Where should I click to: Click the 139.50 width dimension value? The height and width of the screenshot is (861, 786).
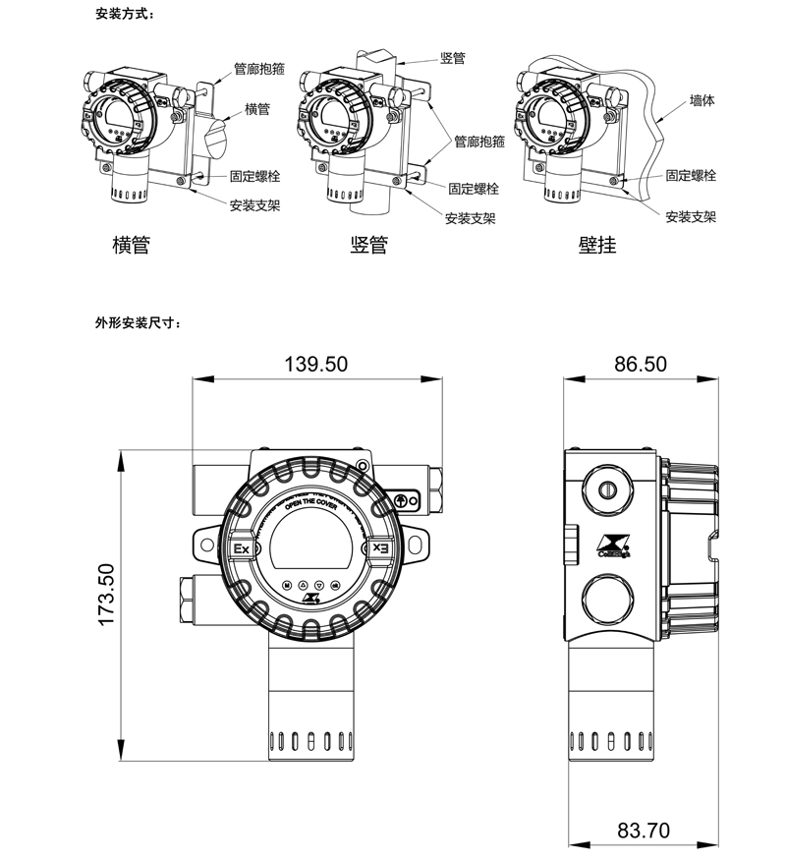click(x=316, y=364)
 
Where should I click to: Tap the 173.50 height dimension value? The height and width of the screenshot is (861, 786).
click(x=107, y=595)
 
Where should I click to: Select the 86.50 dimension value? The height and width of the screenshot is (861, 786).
click(x=641, y=364)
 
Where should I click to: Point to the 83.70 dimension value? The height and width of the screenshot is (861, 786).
click(x=644, y=831)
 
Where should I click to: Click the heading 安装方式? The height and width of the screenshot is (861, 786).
click(x=125, y=16)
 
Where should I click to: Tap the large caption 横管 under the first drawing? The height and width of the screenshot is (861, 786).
click(x=131, y=245)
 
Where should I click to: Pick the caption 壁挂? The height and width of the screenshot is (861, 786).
click(x=597, y=245)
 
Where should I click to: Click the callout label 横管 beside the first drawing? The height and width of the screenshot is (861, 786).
click(x=257, y=109)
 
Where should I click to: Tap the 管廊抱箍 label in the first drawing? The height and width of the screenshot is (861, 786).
click(x=258, y=71)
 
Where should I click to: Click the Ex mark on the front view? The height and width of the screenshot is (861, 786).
click(x=240, y=548)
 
